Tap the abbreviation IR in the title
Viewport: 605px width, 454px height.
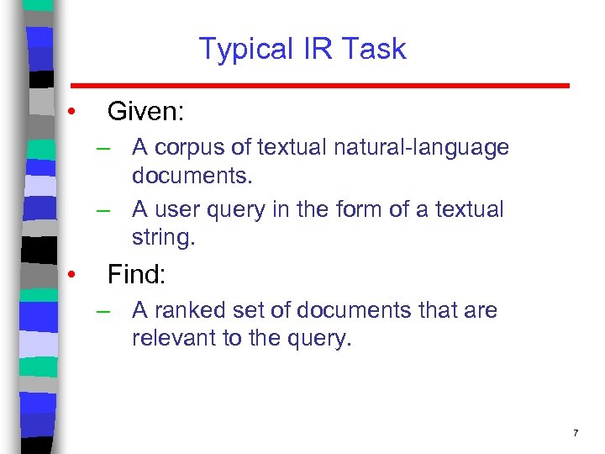tap(308, 49)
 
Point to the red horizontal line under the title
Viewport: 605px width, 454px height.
tap(319, 86)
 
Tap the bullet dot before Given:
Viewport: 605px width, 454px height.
tap(74, 111)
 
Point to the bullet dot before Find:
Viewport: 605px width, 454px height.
tap(74, 274)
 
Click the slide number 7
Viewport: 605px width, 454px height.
tap(576, 433)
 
